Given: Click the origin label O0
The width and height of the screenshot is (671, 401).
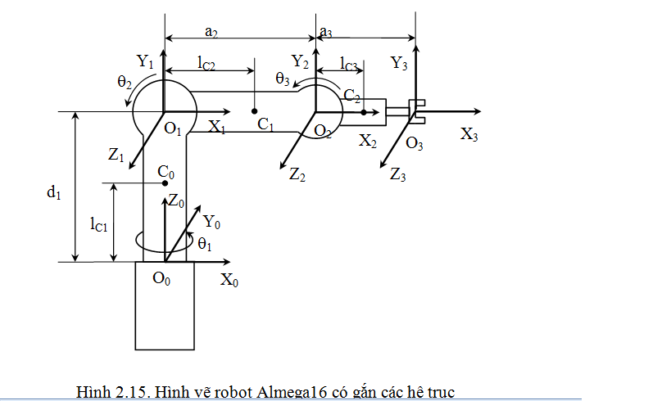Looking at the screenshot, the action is [x=161, y=278].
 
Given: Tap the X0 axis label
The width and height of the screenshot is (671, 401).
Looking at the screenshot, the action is [x=229, y=280].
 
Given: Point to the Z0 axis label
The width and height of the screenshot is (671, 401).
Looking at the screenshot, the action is [x=176, y=200].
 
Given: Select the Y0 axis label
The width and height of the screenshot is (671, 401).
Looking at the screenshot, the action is [x=211, y=222].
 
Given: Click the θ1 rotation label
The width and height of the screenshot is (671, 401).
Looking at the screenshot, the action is [x=205, y=244].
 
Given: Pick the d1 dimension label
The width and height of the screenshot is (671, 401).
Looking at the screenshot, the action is [x=54, y=192].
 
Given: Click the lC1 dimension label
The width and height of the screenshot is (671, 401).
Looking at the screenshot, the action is [x=99, y=224].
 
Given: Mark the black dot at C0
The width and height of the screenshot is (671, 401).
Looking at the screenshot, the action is [x=165, y=183].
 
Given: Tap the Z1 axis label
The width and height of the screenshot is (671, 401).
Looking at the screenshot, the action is [x=116, y=155].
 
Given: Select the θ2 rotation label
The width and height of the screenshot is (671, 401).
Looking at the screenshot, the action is [x=125, y=81].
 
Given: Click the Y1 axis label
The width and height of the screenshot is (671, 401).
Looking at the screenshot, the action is [x=145, y=61].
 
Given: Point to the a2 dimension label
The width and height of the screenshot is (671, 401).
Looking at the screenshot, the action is [x=211, y=32].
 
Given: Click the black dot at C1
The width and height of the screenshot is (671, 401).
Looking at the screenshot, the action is [x=254, y=111].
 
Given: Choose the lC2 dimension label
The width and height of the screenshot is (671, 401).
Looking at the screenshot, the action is [x=206, y=63].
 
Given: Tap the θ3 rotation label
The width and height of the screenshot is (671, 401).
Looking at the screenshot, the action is [x=283, y=79].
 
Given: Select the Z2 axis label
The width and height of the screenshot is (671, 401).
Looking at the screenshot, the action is [x=297, y=174].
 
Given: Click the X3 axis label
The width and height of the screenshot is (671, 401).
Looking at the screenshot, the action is [x=469, y=134].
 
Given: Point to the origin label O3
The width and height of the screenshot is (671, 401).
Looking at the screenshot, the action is [x=415, y=142].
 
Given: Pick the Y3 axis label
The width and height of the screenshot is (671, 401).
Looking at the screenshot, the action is [x=399, y=63].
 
